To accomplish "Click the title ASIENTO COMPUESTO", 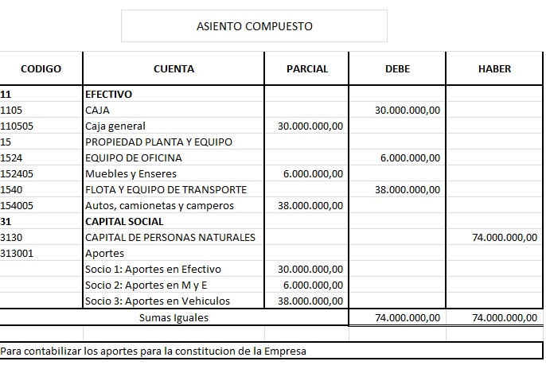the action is pyautogui.click(x=254, y=26).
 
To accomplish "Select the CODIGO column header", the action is pyautogui.click(x=41, y=69).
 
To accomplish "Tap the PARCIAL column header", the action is pyautogui.click(x=306, y=69).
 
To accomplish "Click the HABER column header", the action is pyautogui.click(x=494, y=69).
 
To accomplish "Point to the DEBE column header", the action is pyautogui.click(x=397, y=69).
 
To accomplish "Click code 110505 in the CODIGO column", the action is pyautogui.click(x=18, y=126).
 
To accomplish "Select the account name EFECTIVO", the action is pyautogui.click(x=108, y=94).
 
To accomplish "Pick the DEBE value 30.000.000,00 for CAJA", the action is pyautogui.click(x=407, y=110).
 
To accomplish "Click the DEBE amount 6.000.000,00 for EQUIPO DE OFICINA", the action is pyautogui.click(x=410, y=157).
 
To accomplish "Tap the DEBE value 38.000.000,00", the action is pyautogui.click(x=407, y=189).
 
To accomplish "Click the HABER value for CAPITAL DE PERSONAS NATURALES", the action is pyautogui.click(x=505, y=237).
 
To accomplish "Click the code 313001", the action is pyautogui.click(x=18, y=253).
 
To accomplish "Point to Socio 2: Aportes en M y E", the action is pyautogui.click(x=146, y=285).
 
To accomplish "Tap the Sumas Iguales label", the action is pyautogui.click(x=174, y=317).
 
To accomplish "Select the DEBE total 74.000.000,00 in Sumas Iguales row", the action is pyautogui.click(x=407, y=317).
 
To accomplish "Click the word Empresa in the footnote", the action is pyautogui.click(x=287, y=350).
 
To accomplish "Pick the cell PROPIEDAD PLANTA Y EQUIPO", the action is pyautogui.click(x=158, y=142).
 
